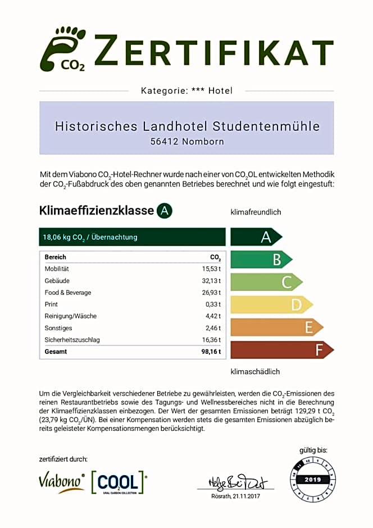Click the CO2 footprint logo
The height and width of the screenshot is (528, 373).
click(63, 49)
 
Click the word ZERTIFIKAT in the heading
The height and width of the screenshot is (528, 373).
click(214, 49)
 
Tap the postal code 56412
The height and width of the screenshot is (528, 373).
click(165, 142)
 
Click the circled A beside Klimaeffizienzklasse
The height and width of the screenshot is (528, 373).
click(164, 211)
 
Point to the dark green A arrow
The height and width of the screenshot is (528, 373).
click(256, 236)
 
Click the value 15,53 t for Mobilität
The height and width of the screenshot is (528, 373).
click(212, 269)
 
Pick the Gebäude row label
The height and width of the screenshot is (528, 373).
click(57, 281)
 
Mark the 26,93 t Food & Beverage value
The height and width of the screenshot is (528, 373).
click(211, 293)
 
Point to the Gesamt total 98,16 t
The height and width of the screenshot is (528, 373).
click(211, 352)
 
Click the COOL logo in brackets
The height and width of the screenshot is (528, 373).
click(118, 482)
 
